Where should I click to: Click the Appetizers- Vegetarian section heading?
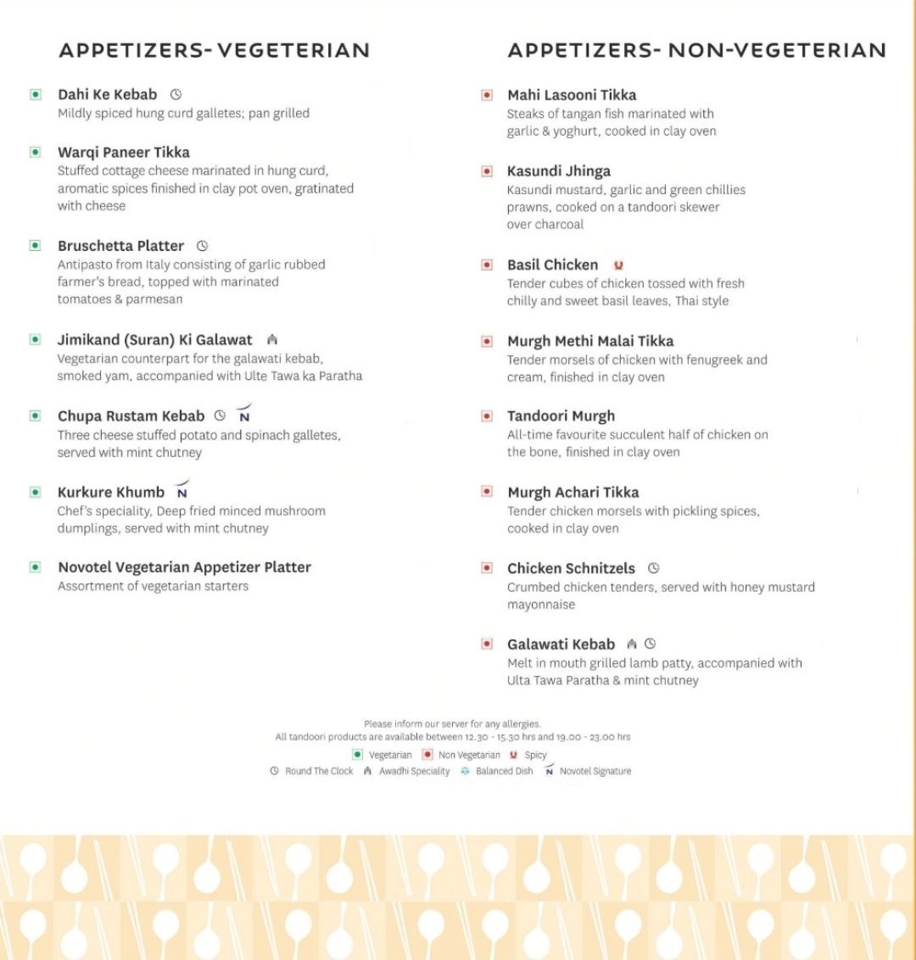214,51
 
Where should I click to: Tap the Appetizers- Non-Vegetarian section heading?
696,51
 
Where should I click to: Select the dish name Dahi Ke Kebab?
108,95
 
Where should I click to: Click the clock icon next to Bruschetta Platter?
202,246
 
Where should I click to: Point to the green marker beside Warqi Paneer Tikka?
36,153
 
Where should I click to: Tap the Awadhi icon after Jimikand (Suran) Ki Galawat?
272,340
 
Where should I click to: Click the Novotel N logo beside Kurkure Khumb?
182,491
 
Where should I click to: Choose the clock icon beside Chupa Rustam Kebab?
221,416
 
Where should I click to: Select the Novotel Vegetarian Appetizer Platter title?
184,567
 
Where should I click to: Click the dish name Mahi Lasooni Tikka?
572,95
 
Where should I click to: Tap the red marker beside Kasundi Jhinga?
487,171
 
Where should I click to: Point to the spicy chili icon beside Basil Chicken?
618,265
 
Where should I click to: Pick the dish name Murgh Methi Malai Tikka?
590,341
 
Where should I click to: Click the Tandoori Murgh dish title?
561,416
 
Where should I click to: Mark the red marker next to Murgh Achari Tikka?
487,492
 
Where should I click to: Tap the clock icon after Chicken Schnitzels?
653,568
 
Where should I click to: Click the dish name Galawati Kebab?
561,645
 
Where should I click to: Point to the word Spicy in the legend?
535,755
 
